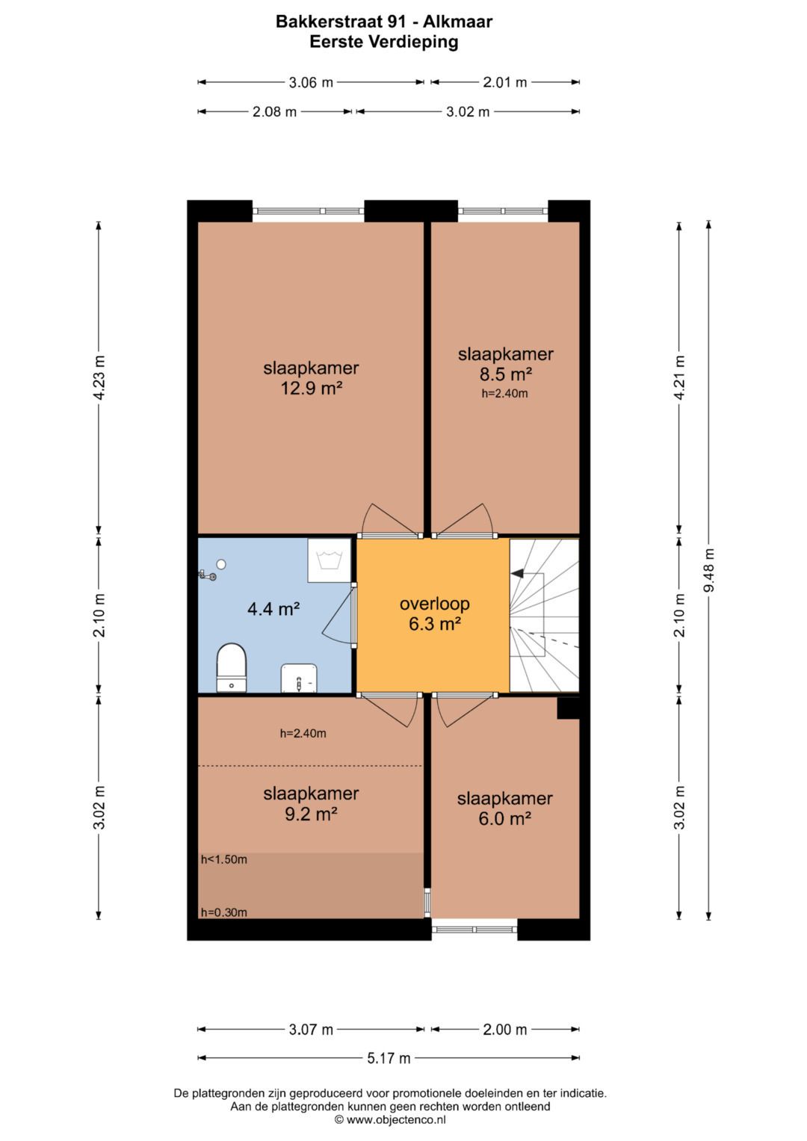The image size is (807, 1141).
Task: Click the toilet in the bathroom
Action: (232, 668)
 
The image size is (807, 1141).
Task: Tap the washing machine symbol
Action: (329, 560)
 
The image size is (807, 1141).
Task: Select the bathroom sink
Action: (299, 678)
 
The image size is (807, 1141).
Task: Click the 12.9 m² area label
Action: (311, 389)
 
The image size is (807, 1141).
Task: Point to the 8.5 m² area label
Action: (505, 374)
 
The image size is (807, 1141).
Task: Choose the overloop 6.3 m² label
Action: (435, 613)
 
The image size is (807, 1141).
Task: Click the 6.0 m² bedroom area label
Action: (505, 818)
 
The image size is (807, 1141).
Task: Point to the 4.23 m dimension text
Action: (99, 377)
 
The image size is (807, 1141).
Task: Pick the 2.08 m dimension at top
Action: (275, 111)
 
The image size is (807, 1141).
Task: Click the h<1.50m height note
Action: (224, 860)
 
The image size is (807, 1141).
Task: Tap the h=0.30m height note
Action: (224, 912)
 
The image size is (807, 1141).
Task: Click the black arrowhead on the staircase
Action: (517, 574)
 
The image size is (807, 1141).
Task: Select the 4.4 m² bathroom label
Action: (273, 609)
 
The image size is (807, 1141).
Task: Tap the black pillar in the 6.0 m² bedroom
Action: (569, 708)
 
